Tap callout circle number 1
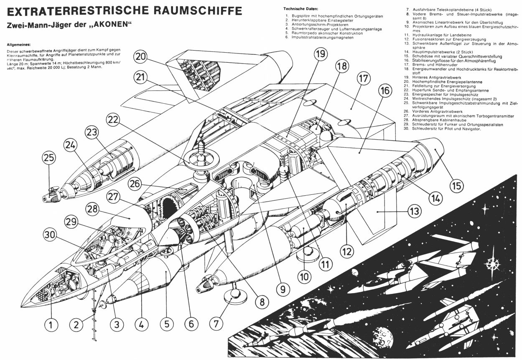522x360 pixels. coord(51,324)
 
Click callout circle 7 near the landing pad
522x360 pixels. coord(216,323)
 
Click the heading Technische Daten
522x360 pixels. coord(300,8)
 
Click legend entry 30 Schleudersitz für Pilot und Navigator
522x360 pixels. coord(447,128)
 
